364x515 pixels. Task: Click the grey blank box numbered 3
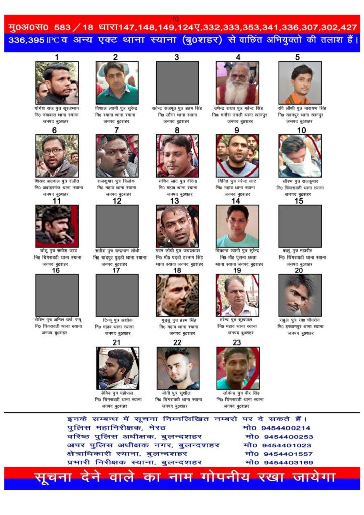(x=177, y=82)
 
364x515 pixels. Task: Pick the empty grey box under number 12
(x=117, y=226)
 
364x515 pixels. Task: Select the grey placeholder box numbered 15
(x=300, y=226)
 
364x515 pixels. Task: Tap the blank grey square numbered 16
(x=57, y=295)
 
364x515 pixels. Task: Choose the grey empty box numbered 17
(x=117, y=295)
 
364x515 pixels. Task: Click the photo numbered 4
(x=238, y=82)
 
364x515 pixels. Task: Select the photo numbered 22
(x=178, y=368)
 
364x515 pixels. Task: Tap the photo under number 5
(x=300, y=82)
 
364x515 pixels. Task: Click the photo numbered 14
(x=238, y=226)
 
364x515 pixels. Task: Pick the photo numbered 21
(x=118, y=368)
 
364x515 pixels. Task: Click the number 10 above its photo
(x=301, y=130)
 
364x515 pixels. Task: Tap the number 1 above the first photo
(x=57, y=57)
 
